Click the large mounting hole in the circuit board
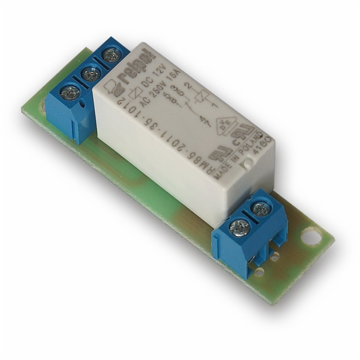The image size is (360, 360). pos(311,236)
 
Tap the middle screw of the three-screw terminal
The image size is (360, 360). pos(90,75)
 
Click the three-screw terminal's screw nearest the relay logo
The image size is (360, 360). pos(111,56)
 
